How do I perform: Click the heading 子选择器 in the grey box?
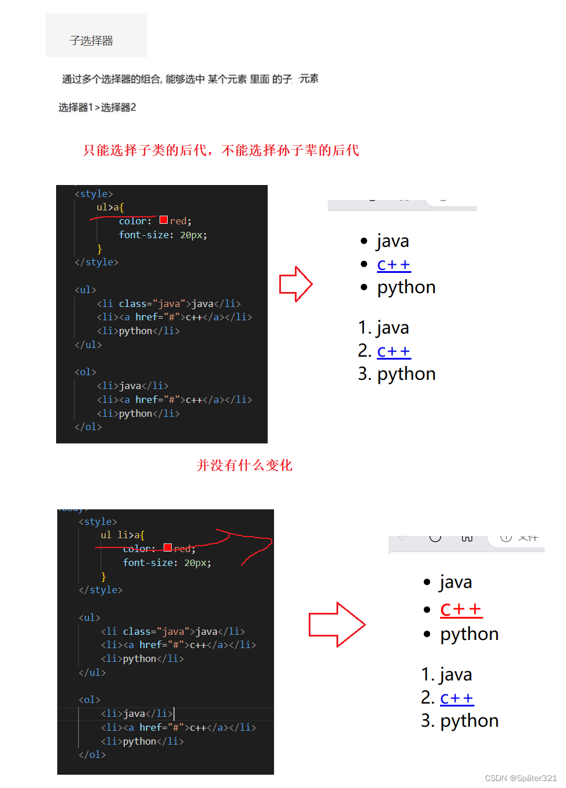[91, 40]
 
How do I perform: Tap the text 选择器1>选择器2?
[97, 108]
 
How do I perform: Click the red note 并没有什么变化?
[245, 465]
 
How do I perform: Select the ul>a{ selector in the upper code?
[110, 207]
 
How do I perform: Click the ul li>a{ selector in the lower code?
[123, 535]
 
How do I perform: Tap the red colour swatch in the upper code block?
[164, 220]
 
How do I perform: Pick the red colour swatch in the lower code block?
[168, 547]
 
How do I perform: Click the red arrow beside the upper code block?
[295, 284]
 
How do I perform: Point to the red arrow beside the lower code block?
[336, 624]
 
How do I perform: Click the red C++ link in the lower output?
[461, 609]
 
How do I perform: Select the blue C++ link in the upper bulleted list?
[394, 265]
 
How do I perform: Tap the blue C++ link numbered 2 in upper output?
[394, 352]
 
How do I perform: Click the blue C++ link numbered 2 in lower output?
[457, 698]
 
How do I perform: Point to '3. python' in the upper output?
[397, 374]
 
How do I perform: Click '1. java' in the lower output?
[447, 675]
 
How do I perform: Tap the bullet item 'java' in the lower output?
[456, 582]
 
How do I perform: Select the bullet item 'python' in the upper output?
[406, 287]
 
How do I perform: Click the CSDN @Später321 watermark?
[520, 778]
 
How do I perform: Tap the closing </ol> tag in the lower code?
[93, 754]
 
